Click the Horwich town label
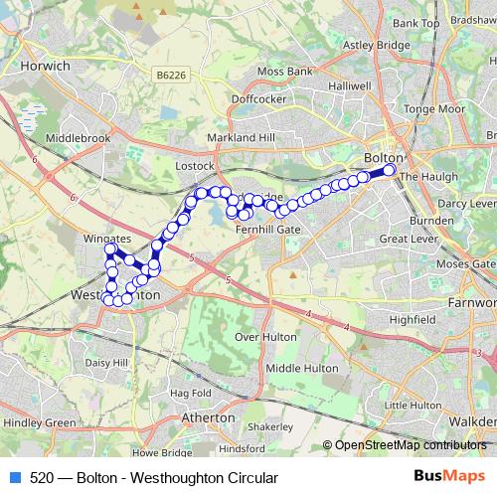44,66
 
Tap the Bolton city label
383,158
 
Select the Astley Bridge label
371,45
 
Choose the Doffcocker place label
257,99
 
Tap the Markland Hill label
239,137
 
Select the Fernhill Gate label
266,229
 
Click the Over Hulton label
265,337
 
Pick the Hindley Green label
39,422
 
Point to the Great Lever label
409,239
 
